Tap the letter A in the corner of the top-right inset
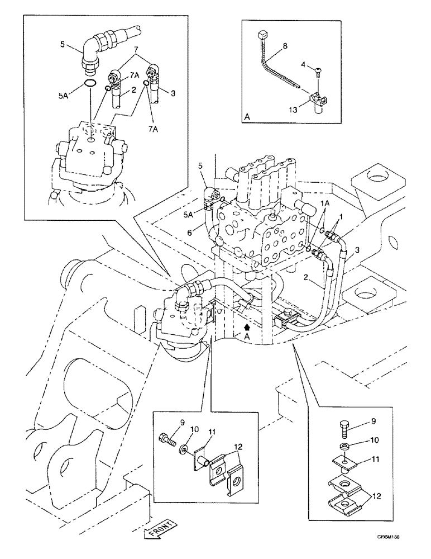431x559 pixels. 247,117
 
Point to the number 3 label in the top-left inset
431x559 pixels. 173,93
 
